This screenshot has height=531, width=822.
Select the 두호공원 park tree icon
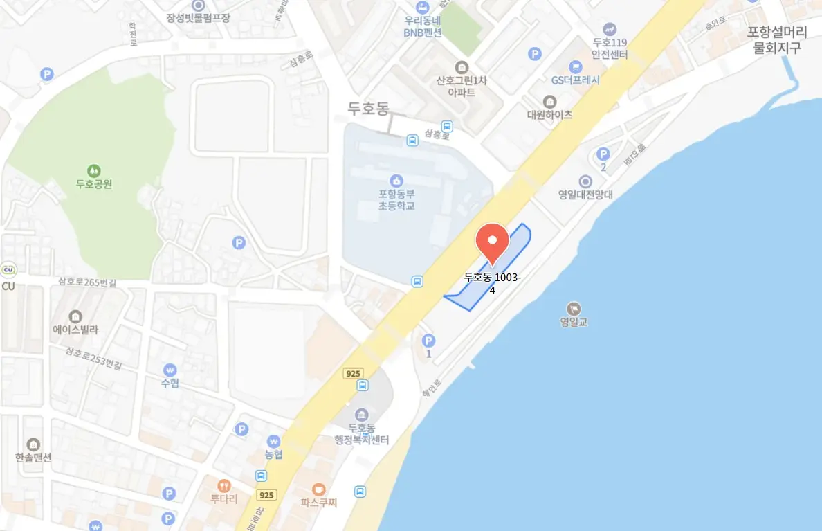[x=93, y=170]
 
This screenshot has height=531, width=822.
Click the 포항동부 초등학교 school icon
[x=396, y=180]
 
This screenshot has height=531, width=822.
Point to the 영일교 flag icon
[x=574, y=309]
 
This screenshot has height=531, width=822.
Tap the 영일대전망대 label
[x=585, y=195]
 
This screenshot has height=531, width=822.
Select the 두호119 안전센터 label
[x=610, y=48]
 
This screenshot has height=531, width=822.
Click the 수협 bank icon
[x=170, y=370]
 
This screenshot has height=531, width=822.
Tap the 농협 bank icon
[x=274, y=441]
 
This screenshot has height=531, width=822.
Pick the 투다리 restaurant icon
[x=223, y=485]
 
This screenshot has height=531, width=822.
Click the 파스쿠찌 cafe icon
[x=318, y=489]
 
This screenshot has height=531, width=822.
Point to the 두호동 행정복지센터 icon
[x=362, y=414]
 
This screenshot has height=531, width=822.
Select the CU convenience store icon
[x=8, y=270]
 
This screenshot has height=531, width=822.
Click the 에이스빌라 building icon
[x=76, y=316]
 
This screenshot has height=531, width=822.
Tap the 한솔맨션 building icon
[x=33, y=444]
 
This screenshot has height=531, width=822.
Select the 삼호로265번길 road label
[x=87, y=282]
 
